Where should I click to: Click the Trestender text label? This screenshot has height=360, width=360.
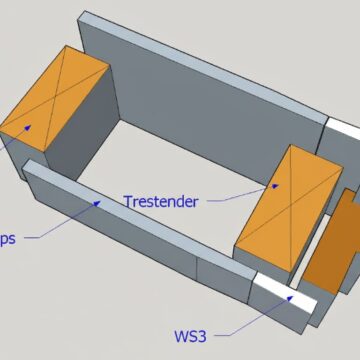[x=161, y=200]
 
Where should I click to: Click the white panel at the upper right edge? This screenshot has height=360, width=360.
[x=344, y=133]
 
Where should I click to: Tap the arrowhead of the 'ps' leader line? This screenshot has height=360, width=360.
[x=99, y=203]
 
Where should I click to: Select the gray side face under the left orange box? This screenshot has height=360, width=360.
[x=75, y=140]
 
